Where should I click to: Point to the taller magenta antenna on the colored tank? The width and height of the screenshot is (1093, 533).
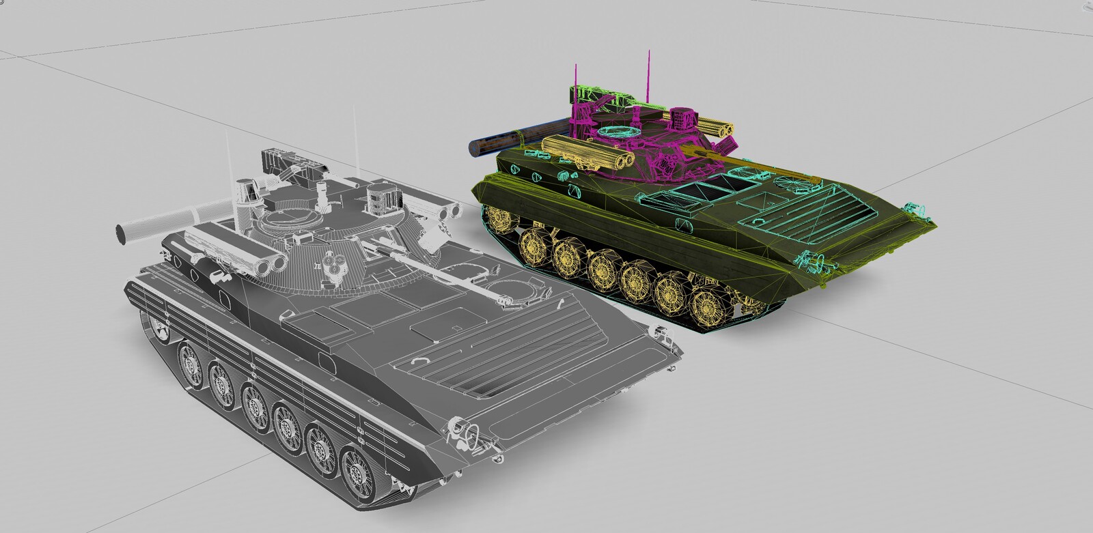click(x=644, y=75)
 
